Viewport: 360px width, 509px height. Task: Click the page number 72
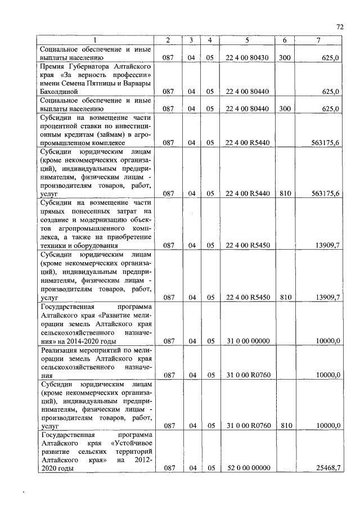point(340,26)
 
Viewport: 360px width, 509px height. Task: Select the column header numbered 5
point(247,40)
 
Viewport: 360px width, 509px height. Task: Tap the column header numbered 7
point(319,40)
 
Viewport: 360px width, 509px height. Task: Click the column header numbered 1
point(95,40)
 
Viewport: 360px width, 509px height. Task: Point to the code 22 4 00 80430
point(247,58)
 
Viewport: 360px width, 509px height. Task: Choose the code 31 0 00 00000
point(247,341)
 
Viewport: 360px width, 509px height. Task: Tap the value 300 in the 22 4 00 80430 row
point(285,58)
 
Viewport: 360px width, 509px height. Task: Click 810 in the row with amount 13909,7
point(285,298)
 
